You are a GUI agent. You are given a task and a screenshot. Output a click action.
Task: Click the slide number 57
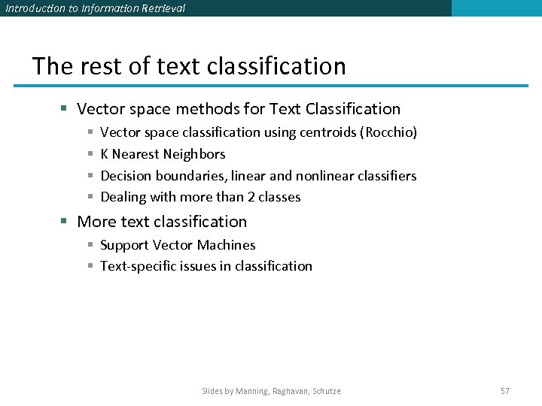coord(505,391)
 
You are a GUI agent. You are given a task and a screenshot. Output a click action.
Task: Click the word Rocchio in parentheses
coord(389,132)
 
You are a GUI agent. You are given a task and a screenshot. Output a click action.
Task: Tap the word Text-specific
coord(139,266)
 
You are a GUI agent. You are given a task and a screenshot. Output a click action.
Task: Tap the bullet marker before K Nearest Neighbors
coord(90,154)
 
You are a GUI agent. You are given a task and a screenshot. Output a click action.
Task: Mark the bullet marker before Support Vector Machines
coord(90,245)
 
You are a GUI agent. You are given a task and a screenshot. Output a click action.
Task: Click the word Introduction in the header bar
coord(32,8)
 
